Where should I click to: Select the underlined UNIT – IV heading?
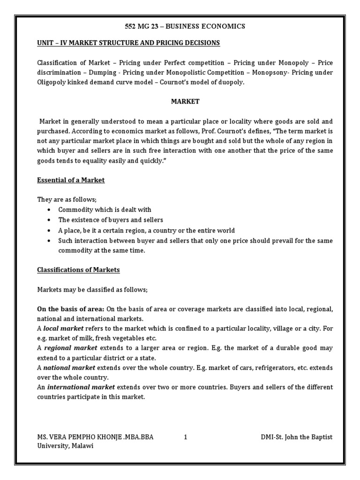click(128, 43)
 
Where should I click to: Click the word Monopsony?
click(270, 73)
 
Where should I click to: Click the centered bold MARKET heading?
click(184, 101)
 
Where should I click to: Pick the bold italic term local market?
click(64, 329)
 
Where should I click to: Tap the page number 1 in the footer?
click(186, 437)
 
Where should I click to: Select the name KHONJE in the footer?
click(104, 437)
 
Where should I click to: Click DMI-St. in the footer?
click(273, 437)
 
